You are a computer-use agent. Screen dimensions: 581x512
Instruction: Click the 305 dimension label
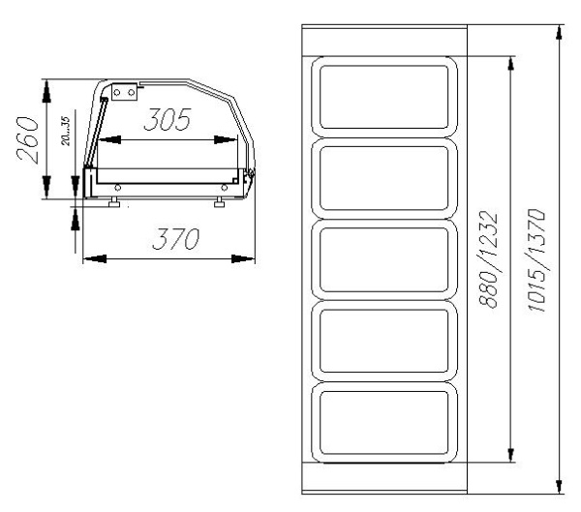click(x=168, y=120)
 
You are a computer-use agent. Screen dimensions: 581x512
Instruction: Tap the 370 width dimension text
click(x=175, y=239)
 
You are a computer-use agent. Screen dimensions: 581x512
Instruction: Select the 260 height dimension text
click(x=28, y=140)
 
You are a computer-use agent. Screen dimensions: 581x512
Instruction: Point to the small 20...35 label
click(x=65, y=132)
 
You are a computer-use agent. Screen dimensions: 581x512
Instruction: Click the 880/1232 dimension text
click(x=488, y=259)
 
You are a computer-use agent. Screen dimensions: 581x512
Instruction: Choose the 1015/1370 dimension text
click(x=535, y=260)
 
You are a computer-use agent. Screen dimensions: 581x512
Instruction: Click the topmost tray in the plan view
click(x=384, y=97)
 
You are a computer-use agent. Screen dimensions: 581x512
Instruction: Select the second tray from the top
click(x=384, y=178)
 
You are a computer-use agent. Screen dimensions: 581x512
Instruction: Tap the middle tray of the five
click(x=384, y=259)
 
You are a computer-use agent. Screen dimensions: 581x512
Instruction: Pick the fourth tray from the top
click(x=384, y=341)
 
